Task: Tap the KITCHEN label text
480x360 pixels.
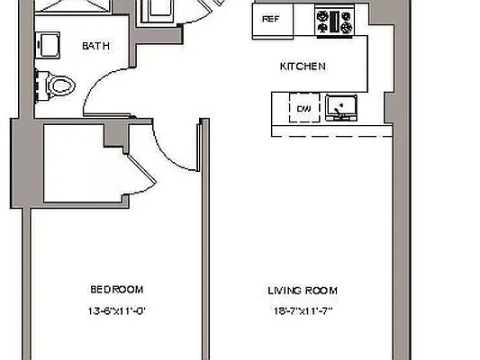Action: pos(303,67)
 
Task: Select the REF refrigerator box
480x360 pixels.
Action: pos(270,19)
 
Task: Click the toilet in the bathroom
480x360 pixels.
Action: pos(57,85)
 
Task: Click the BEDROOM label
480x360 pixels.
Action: pos(116,289)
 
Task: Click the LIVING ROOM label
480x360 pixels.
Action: pos(302,290)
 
